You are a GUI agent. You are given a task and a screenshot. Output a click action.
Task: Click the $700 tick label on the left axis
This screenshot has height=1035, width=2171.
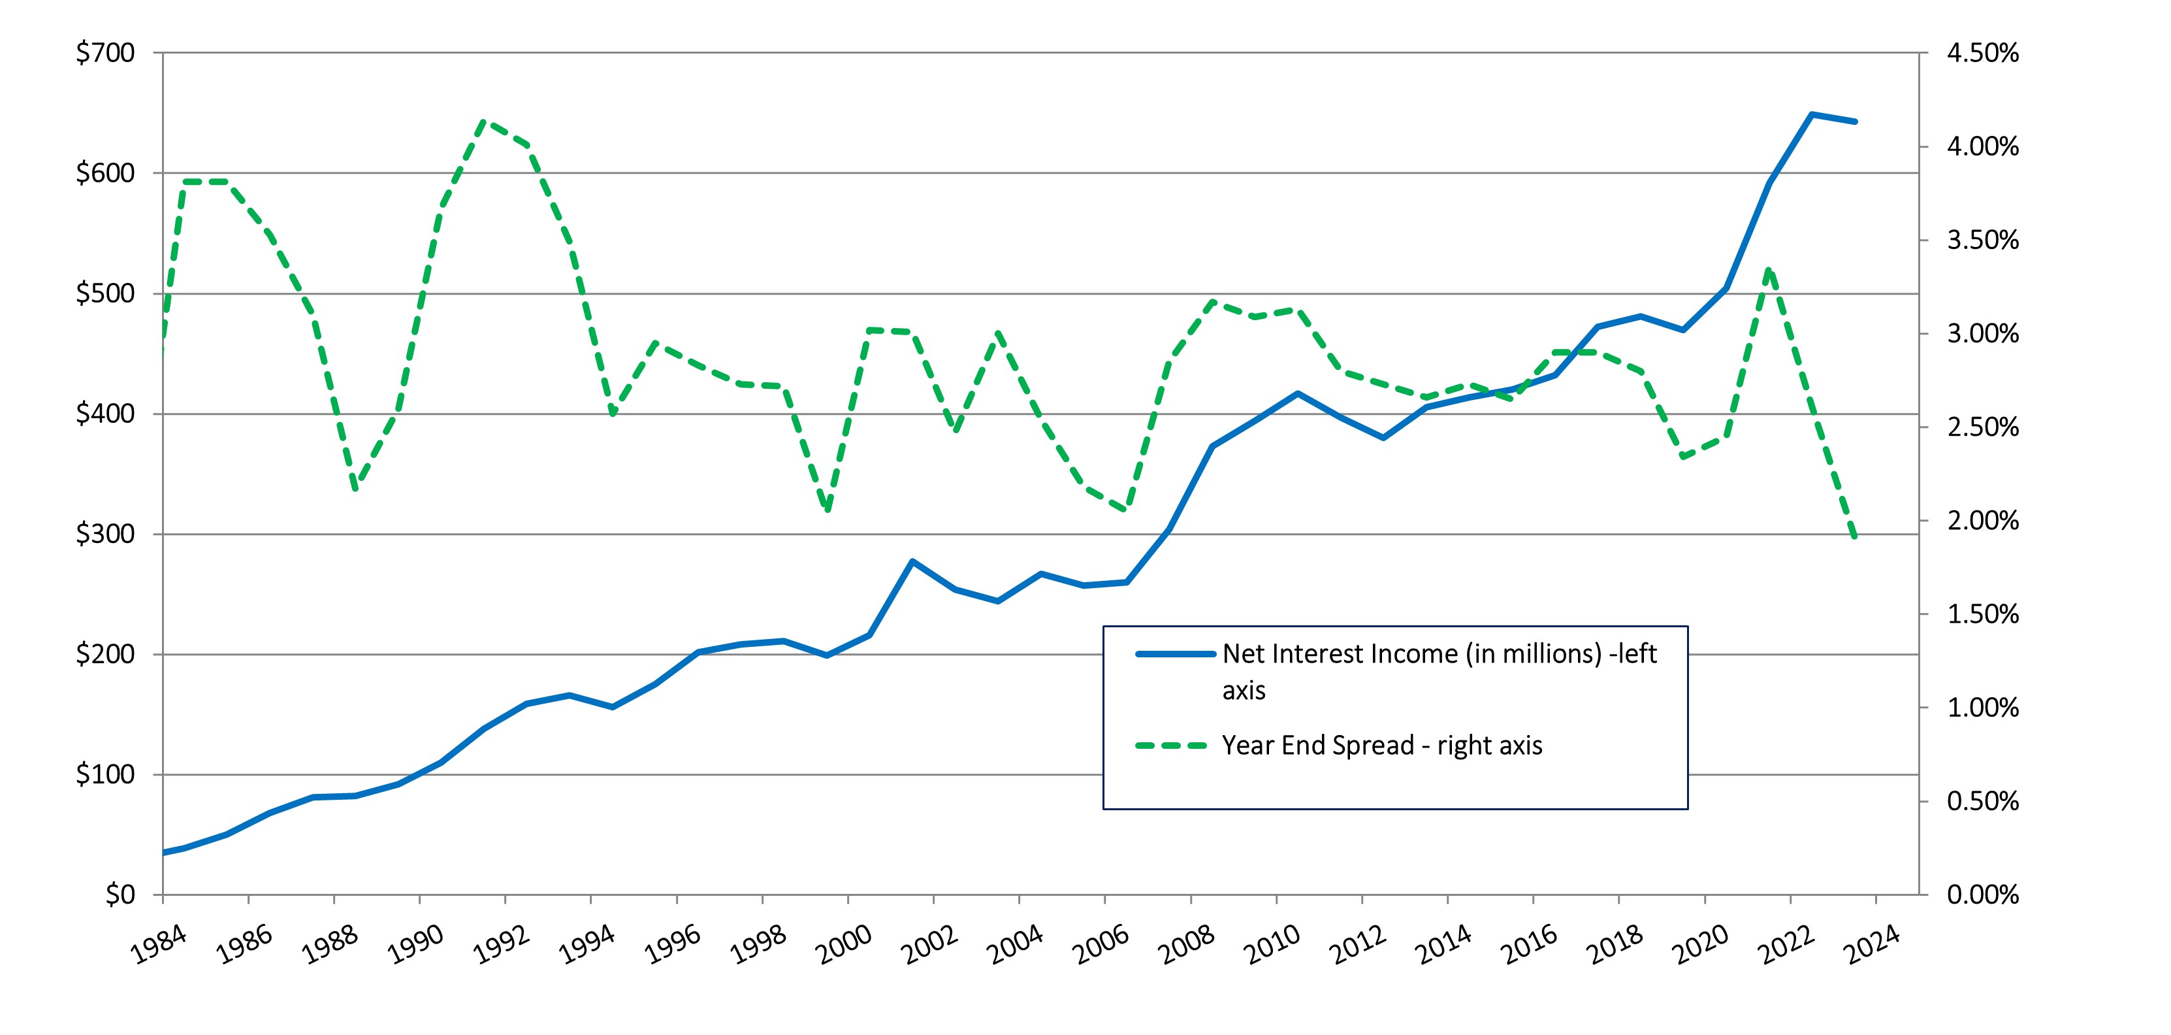pos(105,53)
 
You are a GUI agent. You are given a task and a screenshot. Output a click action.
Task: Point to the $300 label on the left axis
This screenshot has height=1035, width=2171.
pos(105,534)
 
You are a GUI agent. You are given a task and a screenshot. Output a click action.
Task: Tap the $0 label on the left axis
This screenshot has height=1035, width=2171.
pos(120,895)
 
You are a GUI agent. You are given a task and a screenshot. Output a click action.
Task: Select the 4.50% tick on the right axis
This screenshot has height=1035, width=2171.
pos(1982,53)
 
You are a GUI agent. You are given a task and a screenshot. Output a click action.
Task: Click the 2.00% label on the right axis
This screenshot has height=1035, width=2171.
pos(1982,521)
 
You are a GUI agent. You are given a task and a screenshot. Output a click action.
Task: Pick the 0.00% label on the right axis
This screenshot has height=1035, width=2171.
pos(1982,895)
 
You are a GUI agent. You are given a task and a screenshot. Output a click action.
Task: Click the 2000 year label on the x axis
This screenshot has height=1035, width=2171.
pos(844,945)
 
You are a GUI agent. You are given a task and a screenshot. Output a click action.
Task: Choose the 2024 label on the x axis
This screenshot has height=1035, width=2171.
pos(1872,945)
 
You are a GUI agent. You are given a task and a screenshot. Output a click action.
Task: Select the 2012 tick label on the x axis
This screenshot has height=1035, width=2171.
pos(1358,945)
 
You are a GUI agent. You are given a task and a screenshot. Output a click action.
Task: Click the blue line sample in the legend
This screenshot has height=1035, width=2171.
pos(1175,654)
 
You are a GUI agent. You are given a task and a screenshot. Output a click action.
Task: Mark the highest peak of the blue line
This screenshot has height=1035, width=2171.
pos(1812,114)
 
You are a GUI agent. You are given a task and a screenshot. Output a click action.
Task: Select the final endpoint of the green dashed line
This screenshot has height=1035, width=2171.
pos(1855,537)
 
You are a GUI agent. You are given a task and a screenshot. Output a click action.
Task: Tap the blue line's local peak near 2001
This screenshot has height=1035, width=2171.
pos(912,561)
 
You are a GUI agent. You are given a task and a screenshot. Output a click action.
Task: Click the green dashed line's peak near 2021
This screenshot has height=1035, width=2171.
pos(1769,270)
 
